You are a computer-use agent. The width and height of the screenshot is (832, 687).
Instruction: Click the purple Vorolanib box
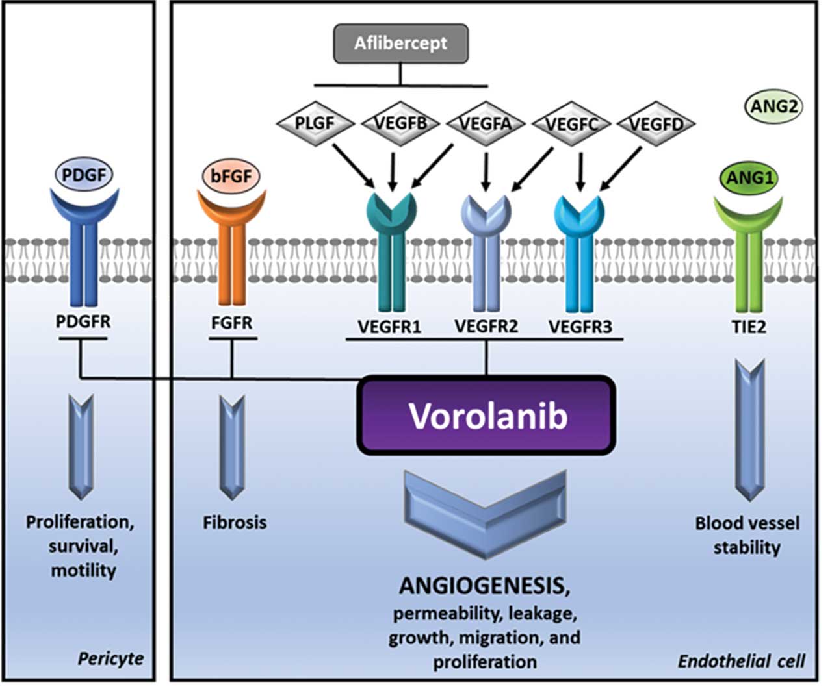click(486, 416)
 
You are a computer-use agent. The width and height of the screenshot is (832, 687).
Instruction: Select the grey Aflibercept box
click(400, 44)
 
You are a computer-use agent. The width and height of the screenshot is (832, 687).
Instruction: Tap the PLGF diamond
click(315, 122)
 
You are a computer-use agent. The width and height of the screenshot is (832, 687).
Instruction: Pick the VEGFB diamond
click(399, 122)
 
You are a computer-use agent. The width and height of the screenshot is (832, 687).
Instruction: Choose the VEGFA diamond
click(485, 122)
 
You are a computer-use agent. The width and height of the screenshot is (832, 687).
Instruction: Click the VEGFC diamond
click(571, 122)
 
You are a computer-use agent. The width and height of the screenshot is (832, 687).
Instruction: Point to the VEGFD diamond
click(655, 122)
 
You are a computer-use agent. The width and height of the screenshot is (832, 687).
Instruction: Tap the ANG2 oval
click(773, 106)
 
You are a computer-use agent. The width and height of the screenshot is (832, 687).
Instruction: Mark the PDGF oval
click(84, 175)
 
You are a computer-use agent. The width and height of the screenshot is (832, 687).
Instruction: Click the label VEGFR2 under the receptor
click(486, 326)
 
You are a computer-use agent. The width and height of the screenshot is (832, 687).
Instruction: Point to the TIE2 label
click(749, 326)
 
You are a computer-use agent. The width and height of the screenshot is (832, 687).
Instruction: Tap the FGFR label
click(231, 322)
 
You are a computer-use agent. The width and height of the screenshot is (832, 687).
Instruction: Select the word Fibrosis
click(234, 522)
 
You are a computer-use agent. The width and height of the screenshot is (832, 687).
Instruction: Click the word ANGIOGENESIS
click(484, 586)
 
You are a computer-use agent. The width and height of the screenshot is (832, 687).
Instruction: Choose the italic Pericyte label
click(110, 658)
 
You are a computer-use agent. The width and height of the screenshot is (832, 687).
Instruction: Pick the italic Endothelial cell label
click(741, 661)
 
